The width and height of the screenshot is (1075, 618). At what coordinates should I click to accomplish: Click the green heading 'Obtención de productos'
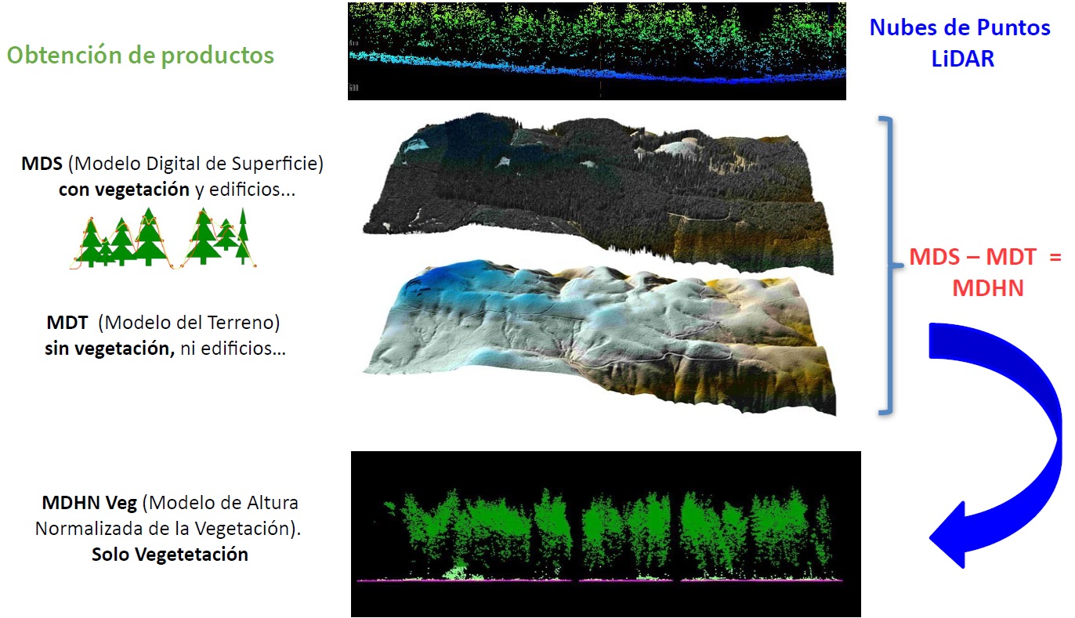click(x=140, y=55)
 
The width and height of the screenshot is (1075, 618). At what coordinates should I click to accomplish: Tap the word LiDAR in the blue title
click(x=963, y=59)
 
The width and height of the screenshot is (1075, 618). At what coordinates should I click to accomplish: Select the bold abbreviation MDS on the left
click(x=42, y=164)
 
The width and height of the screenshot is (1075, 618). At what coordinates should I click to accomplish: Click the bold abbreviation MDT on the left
click(x=67, y=323)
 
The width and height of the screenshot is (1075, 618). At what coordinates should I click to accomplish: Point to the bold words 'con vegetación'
click(x=124, y=190)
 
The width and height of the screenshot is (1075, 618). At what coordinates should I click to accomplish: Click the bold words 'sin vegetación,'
click(x=110, y=349)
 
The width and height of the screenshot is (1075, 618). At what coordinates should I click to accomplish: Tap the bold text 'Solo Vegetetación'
click(x=170, y=555)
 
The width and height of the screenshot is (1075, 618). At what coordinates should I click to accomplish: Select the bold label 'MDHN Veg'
click(x=89, y=503)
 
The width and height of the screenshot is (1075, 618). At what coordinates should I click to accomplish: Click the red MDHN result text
click(x=988, y=288)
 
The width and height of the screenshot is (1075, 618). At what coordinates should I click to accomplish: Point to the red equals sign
click(x=1055, y=257)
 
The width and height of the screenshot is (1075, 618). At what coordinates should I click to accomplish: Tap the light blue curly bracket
click(x=888, y=265)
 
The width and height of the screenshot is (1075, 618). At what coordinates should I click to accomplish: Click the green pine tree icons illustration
click(x=163, y=237)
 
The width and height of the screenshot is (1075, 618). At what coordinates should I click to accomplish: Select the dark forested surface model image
click(x=598, y=192)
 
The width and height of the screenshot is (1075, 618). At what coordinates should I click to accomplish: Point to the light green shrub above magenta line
click(x=456, y=572)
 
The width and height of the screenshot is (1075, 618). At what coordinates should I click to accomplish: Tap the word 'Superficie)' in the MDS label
click(x=277, y=164)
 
